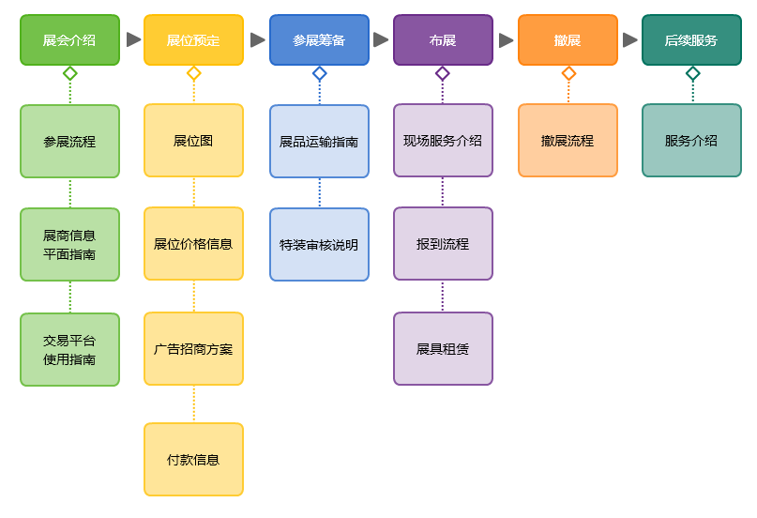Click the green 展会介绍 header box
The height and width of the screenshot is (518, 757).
point(69,40)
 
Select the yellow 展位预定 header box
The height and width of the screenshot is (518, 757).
point(193,40)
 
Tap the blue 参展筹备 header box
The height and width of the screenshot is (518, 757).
point(319,40)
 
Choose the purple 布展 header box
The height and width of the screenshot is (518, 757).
point(443,40)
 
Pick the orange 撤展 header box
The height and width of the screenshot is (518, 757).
point(568,40)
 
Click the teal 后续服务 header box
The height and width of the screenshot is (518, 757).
point(691,40)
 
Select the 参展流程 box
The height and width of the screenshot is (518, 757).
point(69,142)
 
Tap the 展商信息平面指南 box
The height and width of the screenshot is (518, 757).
point(69,245)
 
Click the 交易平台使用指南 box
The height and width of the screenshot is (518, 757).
point(69,350)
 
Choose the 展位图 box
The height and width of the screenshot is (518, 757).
point(193,141)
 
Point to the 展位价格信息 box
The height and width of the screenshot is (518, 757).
point(193,244)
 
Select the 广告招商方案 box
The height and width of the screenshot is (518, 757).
point(193,349)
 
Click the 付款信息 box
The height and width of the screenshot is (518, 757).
point(193,460)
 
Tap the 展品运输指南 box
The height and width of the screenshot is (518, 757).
point(319,142)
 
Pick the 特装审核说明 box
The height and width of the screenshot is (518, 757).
point(319,245)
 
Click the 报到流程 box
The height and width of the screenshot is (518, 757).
point(443,244)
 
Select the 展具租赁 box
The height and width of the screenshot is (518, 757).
point(443,349)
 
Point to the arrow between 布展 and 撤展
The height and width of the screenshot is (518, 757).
point(506,40)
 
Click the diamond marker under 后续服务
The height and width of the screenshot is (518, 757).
point(692,73)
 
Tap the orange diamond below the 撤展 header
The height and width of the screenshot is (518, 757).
point(568,73)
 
